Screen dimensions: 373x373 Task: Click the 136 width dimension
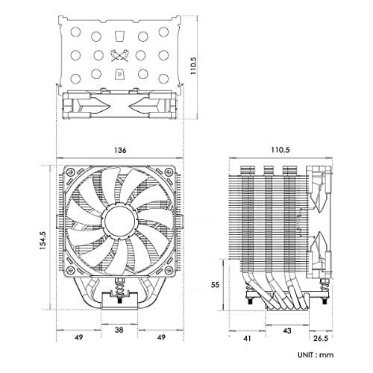[120, 150]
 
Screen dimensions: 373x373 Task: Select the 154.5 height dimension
[43, 240]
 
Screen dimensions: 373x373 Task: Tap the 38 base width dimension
[119, 330]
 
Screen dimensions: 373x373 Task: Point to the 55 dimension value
[215, 284]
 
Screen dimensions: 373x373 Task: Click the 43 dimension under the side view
[287, 330]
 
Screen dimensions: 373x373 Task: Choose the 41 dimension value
[247, 339]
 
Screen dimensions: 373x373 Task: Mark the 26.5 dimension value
[321, 338]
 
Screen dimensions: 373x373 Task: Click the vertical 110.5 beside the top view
[193, 66]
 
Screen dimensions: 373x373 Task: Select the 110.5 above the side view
[280, 150]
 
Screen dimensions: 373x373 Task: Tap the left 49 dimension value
[78, 337]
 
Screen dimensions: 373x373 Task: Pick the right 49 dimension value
[161, 337]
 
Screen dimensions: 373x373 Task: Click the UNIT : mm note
[316, 355]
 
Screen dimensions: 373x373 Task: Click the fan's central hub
[119, 221]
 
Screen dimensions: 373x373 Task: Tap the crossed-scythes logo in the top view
[119, 55]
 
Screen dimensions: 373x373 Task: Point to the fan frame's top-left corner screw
[70, 172]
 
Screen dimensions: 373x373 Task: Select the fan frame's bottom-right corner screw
[169, 269]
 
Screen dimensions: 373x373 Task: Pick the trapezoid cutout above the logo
[119, 36]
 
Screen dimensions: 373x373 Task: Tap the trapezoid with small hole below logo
[119, 74]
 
